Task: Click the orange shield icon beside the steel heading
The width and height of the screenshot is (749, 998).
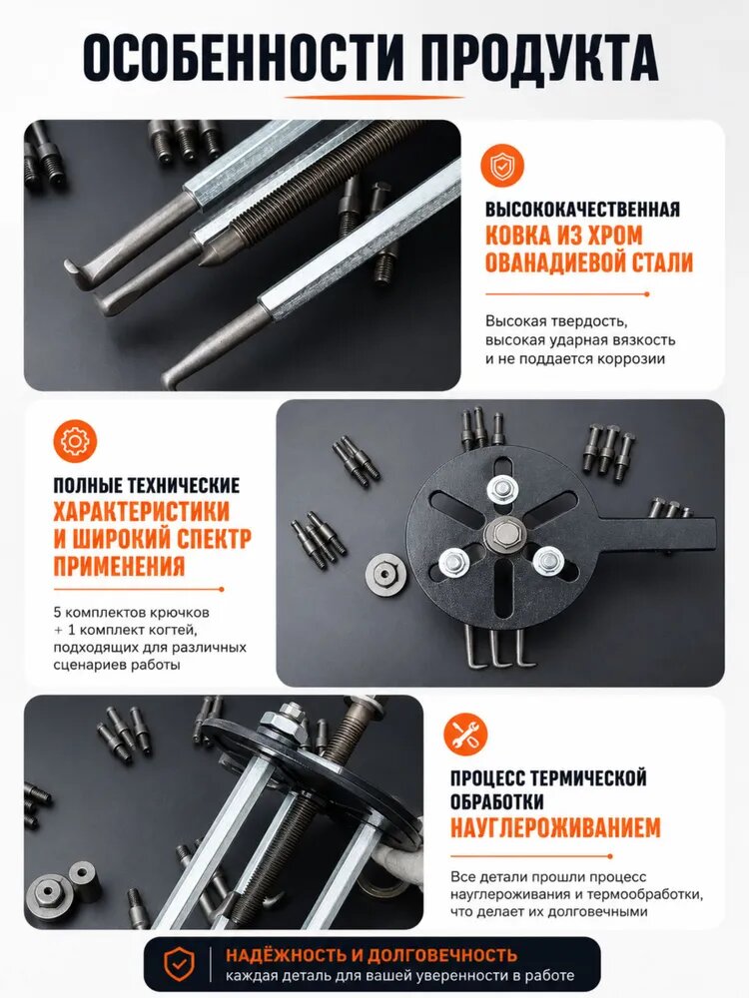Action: pos(502,166)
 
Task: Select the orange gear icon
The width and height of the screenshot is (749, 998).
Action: pos(75,440)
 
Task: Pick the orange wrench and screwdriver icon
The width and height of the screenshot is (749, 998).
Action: pos(465,734)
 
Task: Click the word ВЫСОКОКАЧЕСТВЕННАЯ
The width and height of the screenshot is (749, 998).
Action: pos(582,210)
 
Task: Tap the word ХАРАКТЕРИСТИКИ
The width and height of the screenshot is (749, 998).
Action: pos(142,512)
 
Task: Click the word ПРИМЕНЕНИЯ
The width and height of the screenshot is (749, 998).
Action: pos(119,566)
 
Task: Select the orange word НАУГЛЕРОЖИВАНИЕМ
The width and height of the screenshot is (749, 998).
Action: pos(555,827)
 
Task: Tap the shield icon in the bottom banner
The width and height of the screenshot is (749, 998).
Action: pos(180,964)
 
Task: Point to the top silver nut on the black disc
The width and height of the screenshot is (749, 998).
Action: pos(502,489)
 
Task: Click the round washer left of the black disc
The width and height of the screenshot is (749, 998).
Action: pos(386,574)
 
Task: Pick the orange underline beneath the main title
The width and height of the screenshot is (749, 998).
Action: pos(374,98)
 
